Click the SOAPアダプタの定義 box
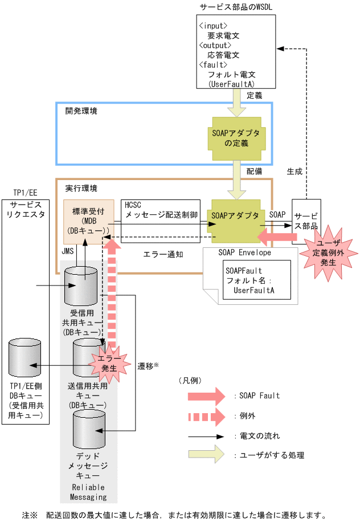pyautogui.click(x=235, y=138)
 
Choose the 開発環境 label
pyautogui.click(x=81, y=111)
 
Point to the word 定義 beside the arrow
pyautogui.click(x=255, y=96)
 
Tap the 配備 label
pyautogui.click(x=255, y=171)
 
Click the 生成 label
pyautogui.click(x=294, y=171)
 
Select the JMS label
pyautogui.click(x=68, y=251)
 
